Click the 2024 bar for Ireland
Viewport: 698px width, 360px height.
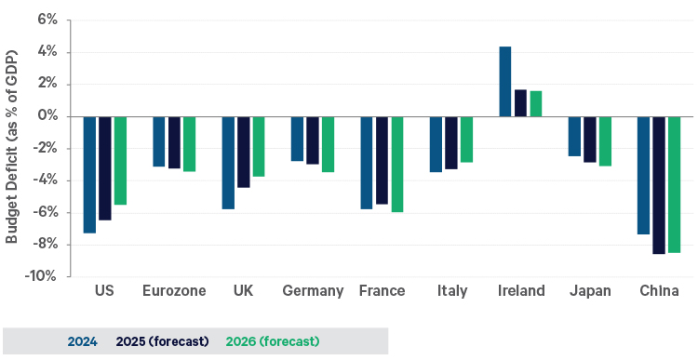point(505,82)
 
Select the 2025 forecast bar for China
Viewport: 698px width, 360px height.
point(658,185)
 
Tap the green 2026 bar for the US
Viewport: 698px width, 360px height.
point(119,160)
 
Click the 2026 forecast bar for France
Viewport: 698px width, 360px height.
point(396,165)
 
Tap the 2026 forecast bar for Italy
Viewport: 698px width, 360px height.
point(466,140)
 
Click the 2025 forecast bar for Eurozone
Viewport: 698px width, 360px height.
point(174,142)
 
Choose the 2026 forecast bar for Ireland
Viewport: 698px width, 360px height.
point(535,103)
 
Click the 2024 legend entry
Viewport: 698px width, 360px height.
point(84,341)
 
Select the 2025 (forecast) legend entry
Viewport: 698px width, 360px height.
point(162,341)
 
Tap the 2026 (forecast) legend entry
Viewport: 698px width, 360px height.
point(273,341)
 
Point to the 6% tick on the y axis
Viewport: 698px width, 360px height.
point(47,20)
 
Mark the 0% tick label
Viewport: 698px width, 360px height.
point(47,116)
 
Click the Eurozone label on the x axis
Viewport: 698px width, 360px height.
point(174,291)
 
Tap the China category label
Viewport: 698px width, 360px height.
point(659,291)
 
